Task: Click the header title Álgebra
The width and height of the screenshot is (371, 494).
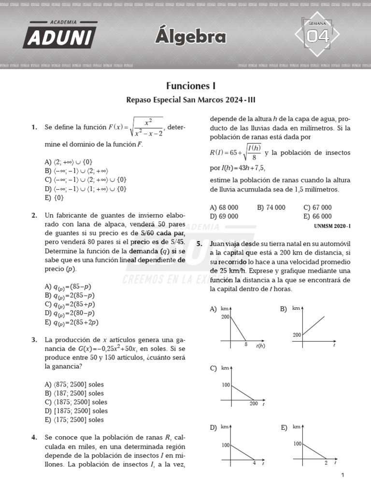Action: pyautogui.click(x=191, y=37)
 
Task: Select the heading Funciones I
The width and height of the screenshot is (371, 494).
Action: pyautogui.click(x=191, y=86)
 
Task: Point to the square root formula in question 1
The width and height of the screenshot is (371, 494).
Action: pyautogui.click(x=147, y=127)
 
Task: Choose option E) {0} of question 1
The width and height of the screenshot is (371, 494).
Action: pyautogui.click(x=54, y=197)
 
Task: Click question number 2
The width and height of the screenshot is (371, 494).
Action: pyautogui.click(x=34, y=216)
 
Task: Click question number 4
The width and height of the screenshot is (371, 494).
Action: pyautogui.click(x=34, y=438)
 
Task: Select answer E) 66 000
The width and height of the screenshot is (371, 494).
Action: pyautogui.click(x=317, y=217)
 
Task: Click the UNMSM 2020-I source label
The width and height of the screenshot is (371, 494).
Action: pyautogui.click(x=332, y=226)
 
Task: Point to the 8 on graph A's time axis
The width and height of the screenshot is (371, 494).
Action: pyautogui.click(x=246, y=344)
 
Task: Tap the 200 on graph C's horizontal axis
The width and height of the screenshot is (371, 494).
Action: pyautogui.click(x=254, y=404)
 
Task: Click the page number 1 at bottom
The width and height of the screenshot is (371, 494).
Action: pyautogui.click(x=342, y=476)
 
